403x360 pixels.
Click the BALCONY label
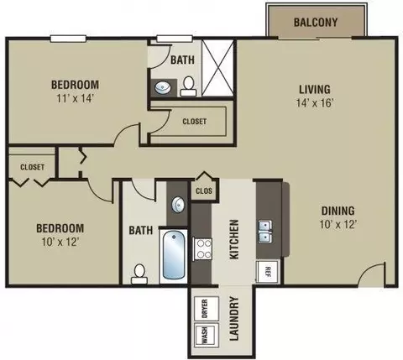point(316,22)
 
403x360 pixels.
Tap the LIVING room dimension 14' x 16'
point(315,103)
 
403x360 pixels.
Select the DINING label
point(338,211)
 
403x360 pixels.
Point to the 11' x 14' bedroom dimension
point(75,98)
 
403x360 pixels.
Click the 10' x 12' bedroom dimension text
point(60,242)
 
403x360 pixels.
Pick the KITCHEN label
point(234,239)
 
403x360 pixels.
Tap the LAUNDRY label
point(234,318)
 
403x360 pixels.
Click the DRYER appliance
point(207,309)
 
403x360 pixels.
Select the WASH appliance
point(207,336)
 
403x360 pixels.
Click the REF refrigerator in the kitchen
point(267,272)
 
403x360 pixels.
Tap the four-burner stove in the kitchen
point(202,249)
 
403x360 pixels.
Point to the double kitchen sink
point(265,232)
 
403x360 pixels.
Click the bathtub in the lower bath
point(174,255)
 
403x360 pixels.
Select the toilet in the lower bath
point(139,274)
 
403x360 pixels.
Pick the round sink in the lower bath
point(178,204)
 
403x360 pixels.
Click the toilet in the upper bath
point(188,86)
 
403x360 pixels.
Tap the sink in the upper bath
point(163,88)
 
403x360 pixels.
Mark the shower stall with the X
point(217,68)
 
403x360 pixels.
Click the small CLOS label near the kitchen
point(204,191)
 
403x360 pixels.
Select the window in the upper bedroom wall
point(68,39)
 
